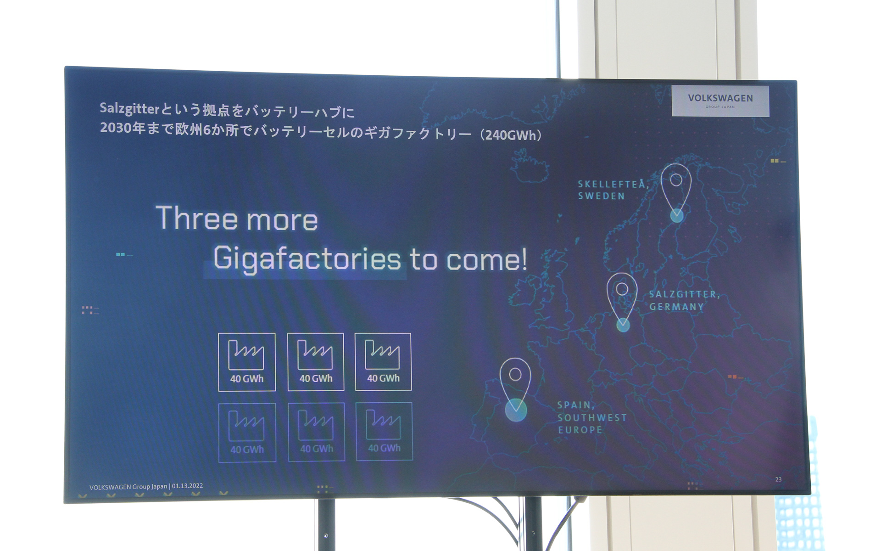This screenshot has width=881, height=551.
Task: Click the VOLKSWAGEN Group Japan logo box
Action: click(720, 101)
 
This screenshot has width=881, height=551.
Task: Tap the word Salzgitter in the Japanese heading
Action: click(129, 108)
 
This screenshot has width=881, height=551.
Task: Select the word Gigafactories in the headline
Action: click(307, 259)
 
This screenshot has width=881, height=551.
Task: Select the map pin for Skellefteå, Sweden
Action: click(676, 193)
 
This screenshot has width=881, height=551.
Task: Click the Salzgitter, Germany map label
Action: click(684, 301)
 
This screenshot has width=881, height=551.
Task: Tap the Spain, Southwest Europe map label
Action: click(591, 417)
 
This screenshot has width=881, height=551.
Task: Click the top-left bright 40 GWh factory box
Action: click(247, 362)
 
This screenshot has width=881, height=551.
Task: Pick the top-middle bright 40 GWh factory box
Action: click(316, 362)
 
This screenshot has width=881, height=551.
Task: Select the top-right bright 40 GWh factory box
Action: click(383, 361)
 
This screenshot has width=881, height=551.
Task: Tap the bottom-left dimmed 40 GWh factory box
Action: click(247, 432)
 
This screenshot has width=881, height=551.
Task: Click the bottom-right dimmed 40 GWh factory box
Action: click(384, 431)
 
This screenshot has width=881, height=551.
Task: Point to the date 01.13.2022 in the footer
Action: click(187, 486)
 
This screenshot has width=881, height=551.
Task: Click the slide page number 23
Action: click(778, 479)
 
